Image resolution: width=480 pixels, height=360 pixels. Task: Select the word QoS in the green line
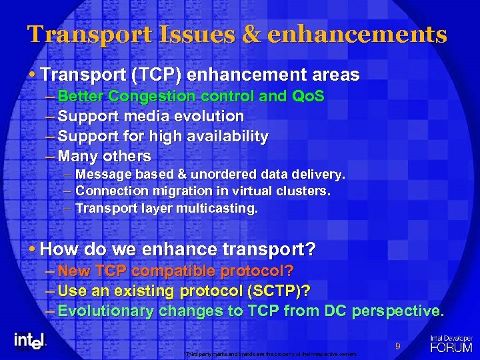[309, 97]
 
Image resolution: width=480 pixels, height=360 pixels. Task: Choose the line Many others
[104, 157]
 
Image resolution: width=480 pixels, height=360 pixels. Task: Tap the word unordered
[223, 175]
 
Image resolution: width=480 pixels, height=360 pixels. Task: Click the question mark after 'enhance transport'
[311, 250]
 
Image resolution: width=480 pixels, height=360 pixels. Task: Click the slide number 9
[397, 346]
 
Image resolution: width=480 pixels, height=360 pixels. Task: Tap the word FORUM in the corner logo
[451, 347]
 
